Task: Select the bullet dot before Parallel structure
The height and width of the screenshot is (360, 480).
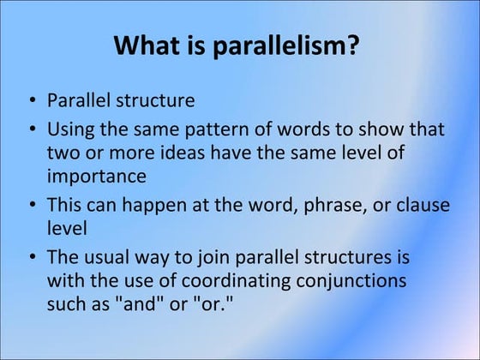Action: pyautogui.click(x=31, y=101)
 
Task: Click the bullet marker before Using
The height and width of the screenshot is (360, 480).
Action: pyautogui.click(x=31, y=130)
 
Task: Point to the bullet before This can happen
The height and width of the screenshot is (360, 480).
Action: pyautogui.click(x=31, y=206)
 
